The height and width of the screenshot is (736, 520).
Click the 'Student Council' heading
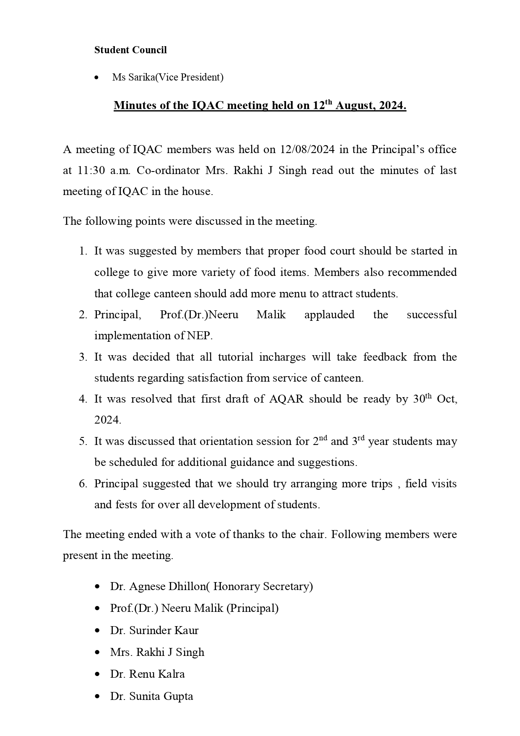point(130,50)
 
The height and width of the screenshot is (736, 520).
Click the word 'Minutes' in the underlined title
point(134,105)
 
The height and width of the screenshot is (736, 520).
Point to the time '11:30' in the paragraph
point(91,171)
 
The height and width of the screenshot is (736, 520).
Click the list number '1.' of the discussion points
point(83,251)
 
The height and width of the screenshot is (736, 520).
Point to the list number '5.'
point(83,441)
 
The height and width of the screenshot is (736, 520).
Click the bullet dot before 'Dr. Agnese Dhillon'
point(98,587)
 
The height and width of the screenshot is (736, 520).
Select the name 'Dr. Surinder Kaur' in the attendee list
point(154,630)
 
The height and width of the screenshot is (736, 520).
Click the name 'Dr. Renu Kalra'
point(147,674)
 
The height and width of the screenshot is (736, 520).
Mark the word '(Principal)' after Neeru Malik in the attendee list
point(252,608)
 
